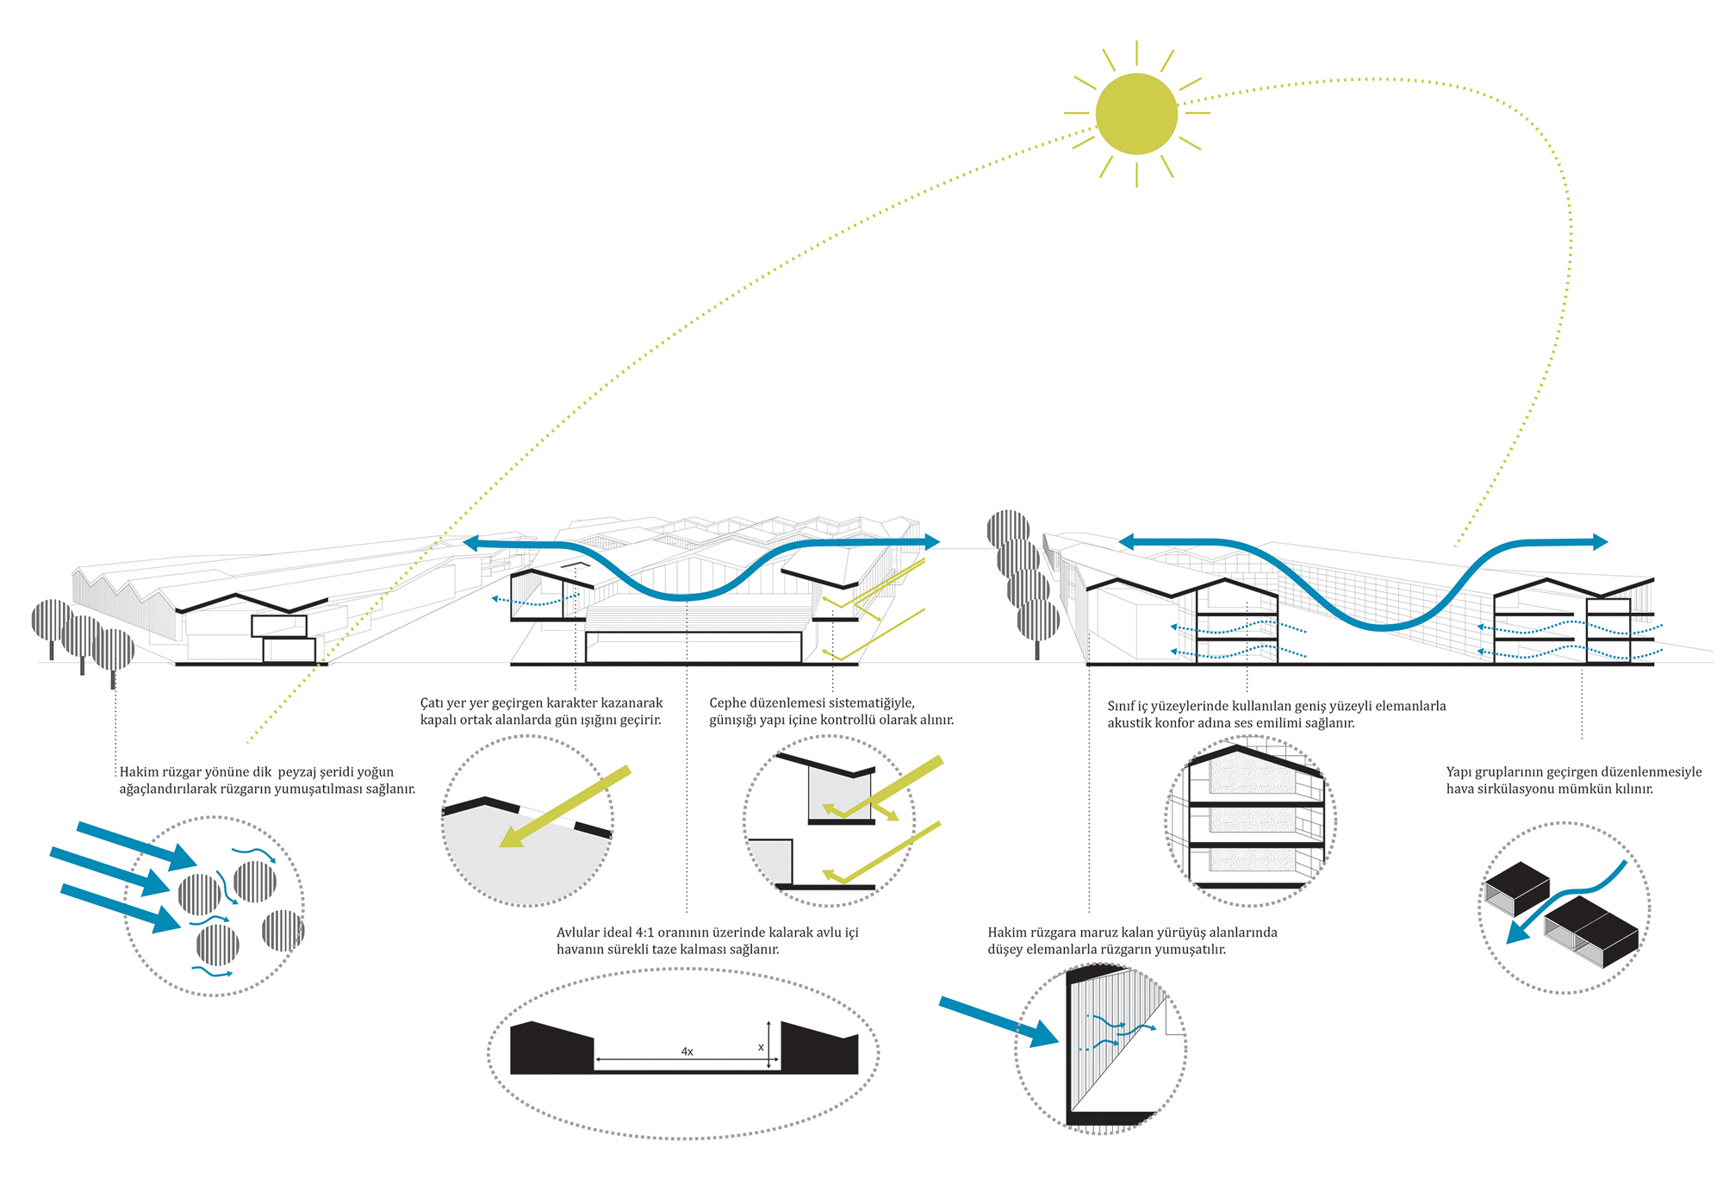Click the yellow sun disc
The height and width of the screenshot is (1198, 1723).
pos(1136,114)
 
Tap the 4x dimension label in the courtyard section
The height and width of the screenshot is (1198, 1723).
pos(687,1051)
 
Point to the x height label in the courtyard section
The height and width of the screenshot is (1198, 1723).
pos(761,1047)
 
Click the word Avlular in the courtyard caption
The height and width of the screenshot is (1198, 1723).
pos(577,933)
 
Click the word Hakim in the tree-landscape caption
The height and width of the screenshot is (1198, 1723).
pos(139,772)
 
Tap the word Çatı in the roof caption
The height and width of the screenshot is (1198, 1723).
pos(431,703)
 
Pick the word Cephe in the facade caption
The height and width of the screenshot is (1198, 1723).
pos(727,703)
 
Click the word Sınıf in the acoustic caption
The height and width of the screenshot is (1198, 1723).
pos(1122,706)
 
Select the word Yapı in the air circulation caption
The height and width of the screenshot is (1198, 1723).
pos(1459,772)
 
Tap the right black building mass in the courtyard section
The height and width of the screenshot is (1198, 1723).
pos(818,1049)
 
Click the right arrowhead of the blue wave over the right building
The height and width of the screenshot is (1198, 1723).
pos(1600,542)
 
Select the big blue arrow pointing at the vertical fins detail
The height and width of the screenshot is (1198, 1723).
pos(999,1021)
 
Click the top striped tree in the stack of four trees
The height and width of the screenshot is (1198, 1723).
pos(1008,527)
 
